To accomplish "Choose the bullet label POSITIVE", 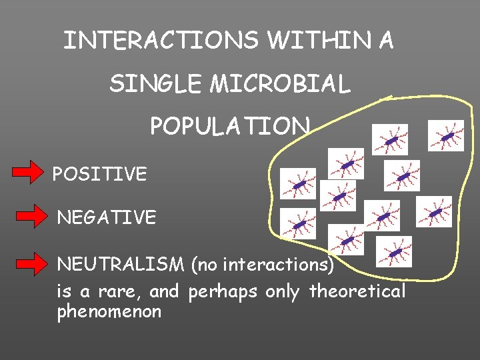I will (x=99, y=175).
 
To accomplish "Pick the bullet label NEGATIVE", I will (x=107, y=217).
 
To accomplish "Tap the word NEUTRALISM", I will (x=121, y=265).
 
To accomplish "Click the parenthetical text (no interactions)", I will (x=262, y=265).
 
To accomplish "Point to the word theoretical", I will (x=357, y=292).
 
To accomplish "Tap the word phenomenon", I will (x=109, y=312).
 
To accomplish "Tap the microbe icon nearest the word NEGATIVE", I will (x=298, y=224).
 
